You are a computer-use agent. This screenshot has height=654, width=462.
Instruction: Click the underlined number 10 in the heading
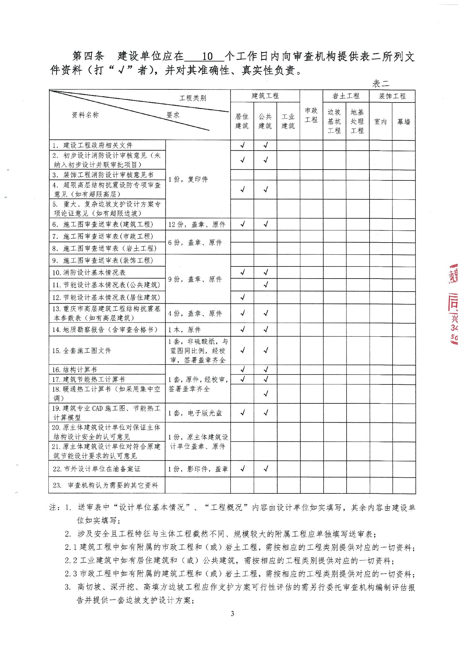[x=207, y=57]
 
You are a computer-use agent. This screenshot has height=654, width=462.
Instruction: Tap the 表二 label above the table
[x=380, y=83]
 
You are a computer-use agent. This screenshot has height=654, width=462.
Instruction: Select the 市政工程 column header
[x=311, y=115]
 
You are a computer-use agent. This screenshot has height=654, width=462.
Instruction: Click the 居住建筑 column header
[x=242, y=121]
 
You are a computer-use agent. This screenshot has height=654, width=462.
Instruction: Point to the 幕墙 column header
[x=403, y=122]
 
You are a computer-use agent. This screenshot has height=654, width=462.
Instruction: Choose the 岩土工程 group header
[x=346, y=96]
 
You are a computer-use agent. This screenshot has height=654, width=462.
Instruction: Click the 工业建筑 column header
[x=288, y=121]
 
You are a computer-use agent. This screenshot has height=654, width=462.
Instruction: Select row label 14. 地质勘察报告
[x=105, y=329]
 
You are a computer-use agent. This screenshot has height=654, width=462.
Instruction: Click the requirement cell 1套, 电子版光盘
[x=195, y=413]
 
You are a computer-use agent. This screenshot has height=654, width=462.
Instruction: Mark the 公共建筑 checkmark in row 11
[x=266, y=284]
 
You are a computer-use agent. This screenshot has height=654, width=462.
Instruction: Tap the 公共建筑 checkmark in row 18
[x=266, y=394]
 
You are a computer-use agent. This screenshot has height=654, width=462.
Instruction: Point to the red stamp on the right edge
[x=453, y=304]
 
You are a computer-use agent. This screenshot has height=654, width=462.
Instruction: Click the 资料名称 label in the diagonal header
[x=85, y=115]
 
